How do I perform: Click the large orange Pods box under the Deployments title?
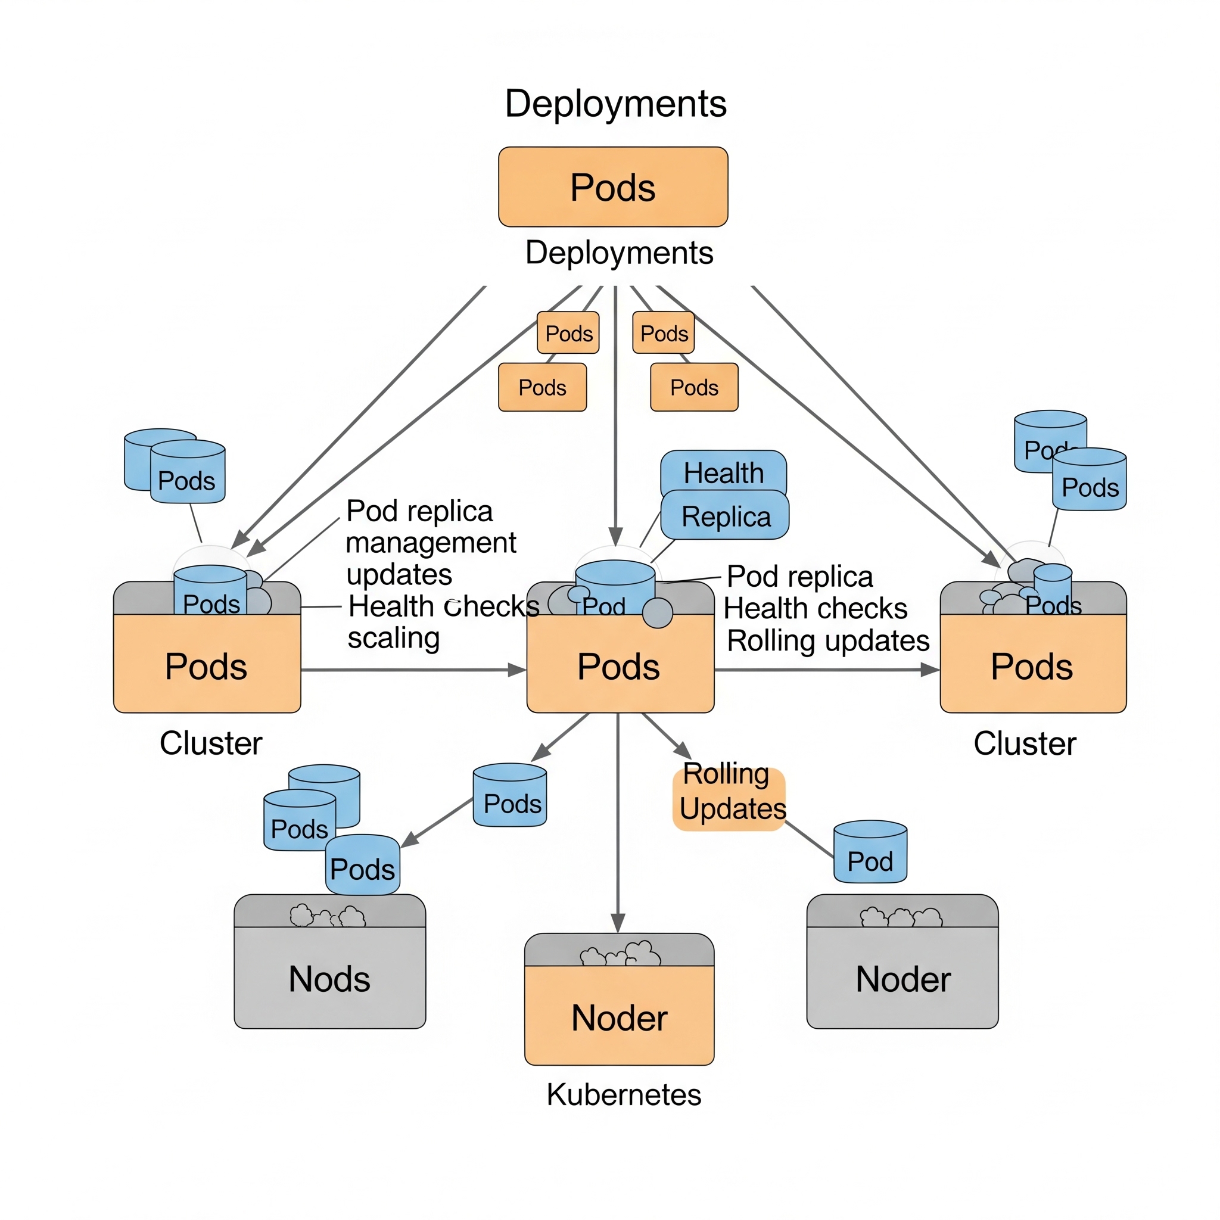pyautogui.click(x=613, y=187)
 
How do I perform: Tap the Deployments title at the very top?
pyautogui.click(x=616, y=104)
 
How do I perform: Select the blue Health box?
pyautogui.click(x=724, y=472)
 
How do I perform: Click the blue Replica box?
pyautogui.click(x=726, y=516)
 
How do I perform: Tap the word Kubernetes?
pyautogui.click(x=624, y=1095)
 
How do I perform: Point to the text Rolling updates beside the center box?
pyautogui.click(x=828, y=641)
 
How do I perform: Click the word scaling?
pyautogui.click(x=393, y=639)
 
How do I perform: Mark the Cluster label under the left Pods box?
pyautogui.click(x=211, y=743)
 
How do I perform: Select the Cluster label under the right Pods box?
pyautogui.click(x=1025, y=744)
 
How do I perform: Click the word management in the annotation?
pyautogui.click(x=431, y=543)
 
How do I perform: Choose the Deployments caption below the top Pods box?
pyautogui.click(x=620, y=253)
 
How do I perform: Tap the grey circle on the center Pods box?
pyautogui.click(x=658, y=612)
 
